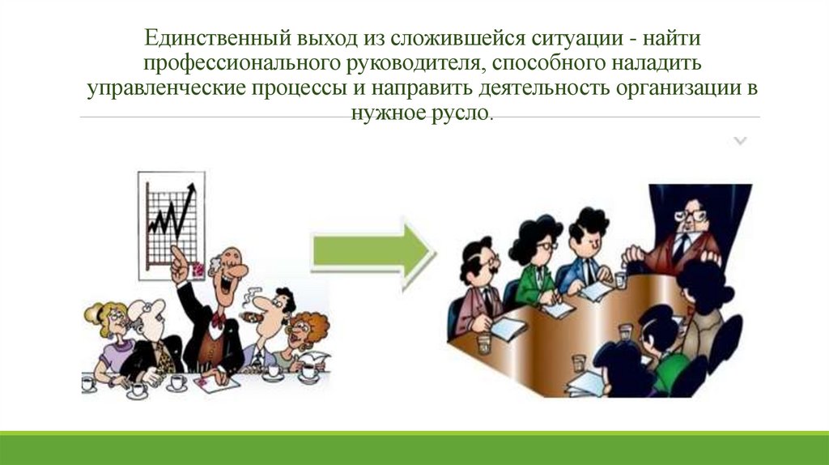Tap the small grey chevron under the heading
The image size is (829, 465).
tap(740, 142)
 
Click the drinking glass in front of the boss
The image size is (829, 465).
tap(619, 279)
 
